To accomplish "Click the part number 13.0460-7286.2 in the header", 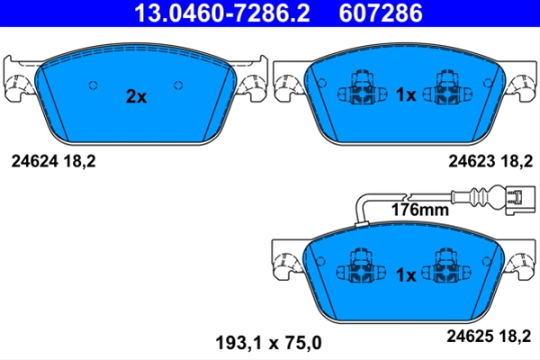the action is [x=222, y=13].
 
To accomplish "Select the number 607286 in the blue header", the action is [x=381, y=13].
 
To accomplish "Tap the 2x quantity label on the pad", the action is [x=136, y=96].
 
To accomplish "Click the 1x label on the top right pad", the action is [x=406, y=94].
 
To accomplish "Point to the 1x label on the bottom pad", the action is [x=406, y=274].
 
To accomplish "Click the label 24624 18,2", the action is [x=53, y=161].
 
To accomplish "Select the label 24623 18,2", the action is [x=490, y=161].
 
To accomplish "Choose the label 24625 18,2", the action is [x=489, y=336].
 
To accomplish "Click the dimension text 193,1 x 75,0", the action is [x=268, y=343].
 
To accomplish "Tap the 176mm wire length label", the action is [x=420, y=210].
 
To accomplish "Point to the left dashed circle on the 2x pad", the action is [x=94, y=85].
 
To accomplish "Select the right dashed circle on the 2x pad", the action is [x=178, y=85].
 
